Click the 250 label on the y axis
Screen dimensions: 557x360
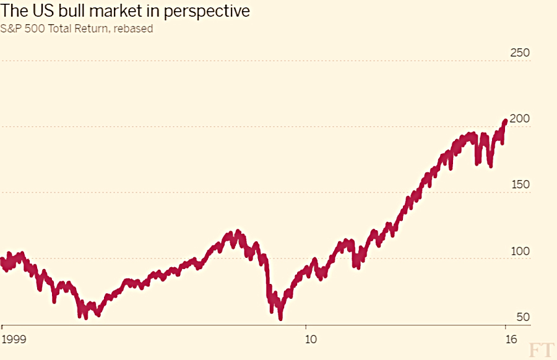[520, 53]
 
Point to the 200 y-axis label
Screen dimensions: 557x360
[520, 119]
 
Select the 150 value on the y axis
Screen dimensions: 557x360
[520, 184]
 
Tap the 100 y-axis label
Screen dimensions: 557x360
[520, 251]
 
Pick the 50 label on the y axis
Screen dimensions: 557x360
[523, 317]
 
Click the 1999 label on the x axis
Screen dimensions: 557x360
[14, 340]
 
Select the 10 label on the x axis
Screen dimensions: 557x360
[311, 340]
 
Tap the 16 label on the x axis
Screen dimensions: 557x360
[511, 340]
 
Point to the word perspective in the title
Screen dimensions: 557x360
[206, 12]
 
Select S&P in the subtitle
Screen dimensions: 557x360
[11, 28]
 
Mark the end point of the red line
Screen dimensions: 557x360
[505, 122]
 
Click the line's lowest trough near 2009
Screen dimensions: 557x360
[280, 318]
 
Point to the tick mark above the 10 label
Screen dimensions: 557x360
[306, 327]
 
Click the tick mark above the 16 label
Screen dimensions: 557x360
[506, 327]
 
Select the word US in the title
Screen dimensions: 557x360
[43, 11]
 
